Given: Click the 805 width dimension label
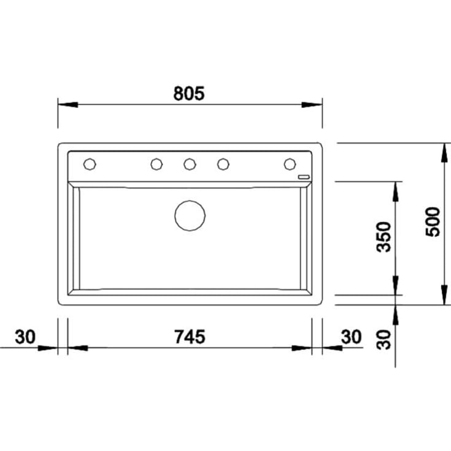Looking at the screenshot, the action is tap(189, 93).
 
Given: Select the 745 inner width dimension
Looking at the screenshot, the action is tap(190, 337).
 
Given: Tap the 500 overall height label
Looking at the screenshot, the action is tap(433, 222).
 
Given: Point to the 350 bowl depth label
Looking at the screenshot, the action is tap(384, 237).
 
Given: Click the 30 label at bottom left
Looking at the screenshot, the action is tap(25, 337).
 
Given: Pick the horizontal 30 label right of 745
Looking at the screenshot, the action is tap(351, 337).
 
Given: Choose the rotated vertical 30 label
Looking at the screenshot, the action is tap(384, 340).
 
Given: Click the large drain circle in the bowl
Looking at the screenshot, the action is tap(190, 215).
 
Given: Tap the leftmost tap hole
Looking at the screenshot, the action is tap(90, 164).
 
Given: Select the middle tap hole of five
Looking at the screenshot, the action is tap(190, 164).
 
